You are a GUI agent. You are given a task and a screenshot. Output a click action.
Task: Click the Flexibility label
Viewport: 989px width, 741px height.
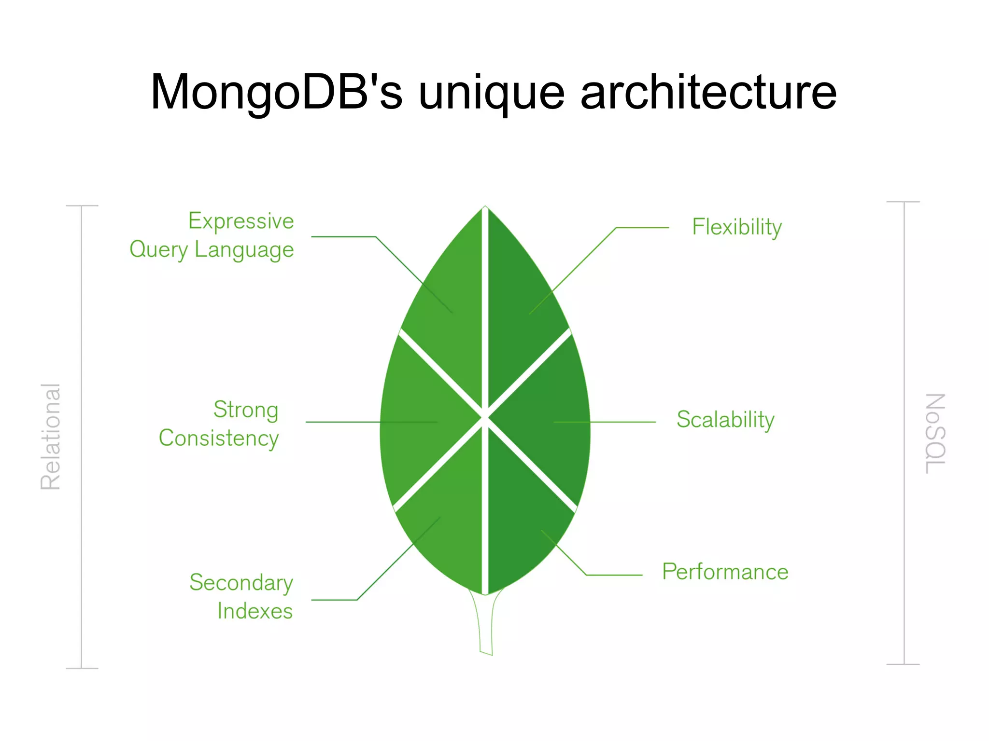(x=736, y=227)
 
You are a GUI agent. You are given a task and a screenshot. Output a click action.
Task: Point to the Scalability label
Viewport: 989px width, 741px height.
(x=725, y=419)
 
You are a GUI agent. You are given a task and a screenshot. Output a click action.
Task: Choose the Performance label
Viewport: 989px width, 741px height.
(x=725, y=572)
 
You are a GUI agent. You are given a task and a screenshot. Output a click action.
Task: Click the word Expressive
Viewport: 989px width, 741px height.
(x=241, y=221)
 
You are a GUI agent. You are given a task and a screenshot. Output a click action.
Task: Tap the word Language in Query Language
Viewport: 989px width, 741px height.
(x=244, y=250)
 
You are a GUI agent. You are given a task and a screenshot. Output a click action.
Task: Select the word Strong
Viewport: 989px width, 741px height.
(x=246, y=410)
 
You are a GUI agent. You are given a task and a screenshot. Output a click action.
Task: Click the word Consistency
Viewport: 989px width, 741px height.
(x=219, y=438)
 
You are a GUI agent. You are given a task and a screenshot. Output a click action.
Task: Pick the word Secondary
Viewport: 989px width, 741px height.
(x=241, y=582)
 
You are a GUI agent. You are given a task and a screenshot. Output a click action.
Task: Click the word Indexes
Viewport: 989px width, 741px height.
(x=255, y=611)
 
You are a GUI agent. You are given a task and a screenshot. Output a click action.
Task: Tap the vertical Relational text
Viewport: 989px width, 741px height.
(x=50, y=437)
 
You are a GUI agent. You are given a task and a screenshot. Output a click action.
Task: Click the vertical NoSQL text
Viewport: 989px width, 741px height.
(x=935, y=433)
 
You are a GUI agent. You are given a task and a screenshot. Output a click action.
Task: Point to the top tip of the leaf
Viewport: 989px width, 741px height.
(x=485, y=208)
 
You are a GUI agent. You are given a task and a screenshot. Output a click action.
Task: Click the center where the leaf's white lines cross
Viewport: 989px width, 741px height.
(x=485, y=417)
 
